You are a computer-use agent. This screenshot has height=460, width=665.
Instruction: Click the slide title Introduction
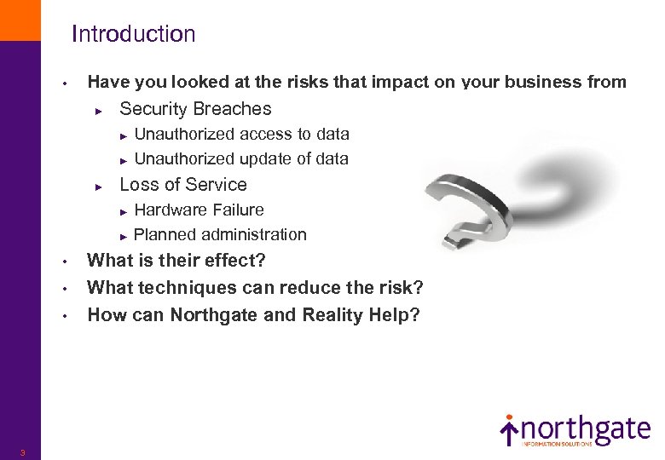coord(133,34)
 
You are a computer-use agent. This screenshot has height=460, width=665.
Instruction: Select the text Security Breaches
coord(195,109)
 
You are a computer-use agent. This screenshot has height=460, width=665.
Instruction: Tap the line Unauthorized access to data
coord(241,134)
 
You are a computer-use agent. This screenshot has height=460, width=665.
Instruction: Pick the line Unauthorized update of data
coord(241,158)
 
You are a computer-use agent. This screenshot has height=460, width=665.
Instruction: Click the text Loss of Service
coord(183,185)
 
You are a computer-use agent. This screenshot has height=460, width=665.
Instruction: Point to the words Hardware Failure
coord(199,210)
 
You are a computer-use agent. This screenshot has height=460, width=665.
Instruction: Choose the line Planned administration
coord(220,234)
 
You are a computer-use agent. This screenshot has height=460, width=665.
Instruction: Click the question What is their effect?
coord(176,261)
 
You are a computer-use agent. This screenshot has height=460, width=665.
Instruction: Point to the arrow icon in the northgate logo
coord(509,430)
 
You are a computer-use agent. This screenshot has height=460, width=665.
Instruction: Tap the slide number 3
coord(23,451)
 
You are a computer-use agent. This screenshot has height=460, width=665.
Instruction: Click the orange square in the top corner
coord(20,20)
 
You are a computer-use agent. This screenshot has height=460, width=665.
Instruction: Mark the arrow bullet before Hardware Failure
coord(124,211)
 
